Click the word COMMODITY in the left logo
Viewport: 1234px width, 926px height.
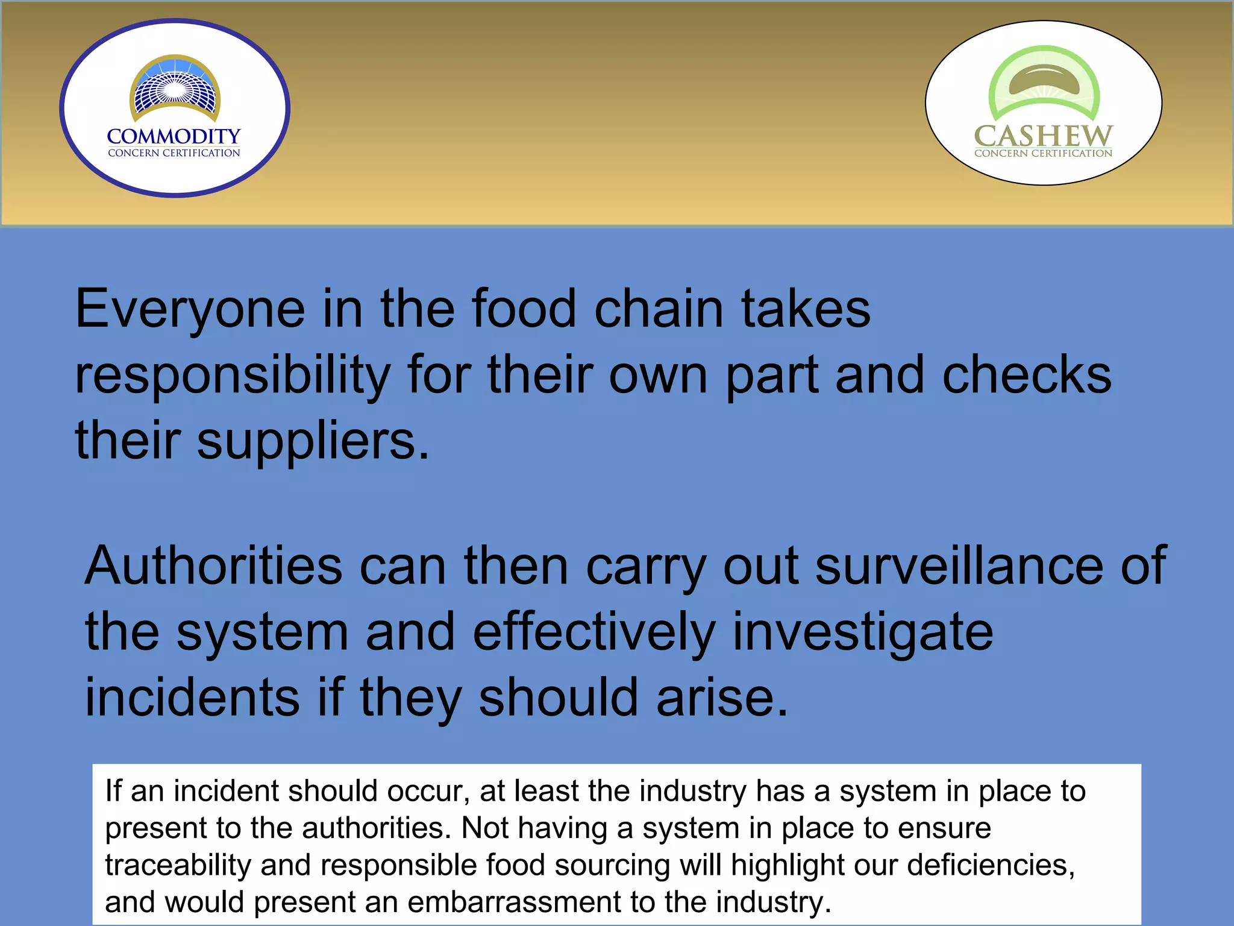click(174, 136)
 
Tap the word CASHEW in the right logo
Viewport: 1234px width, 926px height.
click(1043, 136)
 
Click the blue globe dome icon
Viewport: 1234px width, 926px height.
click(175, 87)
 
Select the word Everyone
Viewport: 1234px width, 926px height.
click(190, 309)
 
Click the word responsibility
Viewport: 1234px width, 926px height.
click(233, 375)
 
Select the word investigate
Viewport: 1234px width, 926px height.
click(862, 632)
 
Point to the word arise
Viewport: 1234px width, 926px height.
click(722, 698)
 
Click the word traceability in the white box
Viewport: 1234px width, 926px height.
click(178, 865)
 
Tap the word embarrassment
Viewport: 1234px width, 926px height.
click(514, 902)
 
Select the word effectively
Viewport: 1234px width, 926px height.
click(594, 632)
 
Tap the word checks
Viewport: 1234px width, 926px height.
click(1026, 375)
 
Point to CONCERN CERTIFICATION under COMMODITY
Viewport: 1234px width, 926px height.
click(174, 153)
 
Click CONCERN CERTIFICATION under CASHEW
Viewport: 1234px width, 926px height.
click(1043, 153)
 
